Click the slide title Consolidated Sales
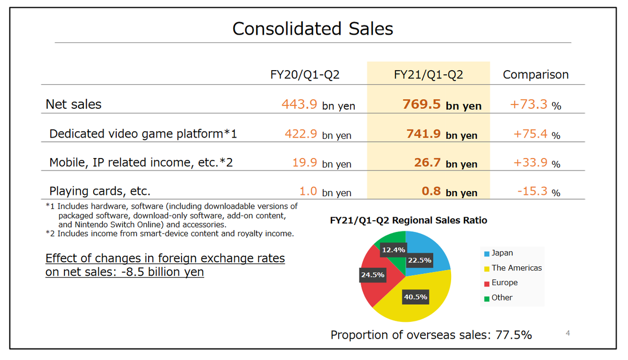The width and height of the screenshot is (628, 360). coord(312,28)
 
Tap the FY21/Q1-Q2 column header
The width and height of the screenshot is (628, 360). coord(428,75)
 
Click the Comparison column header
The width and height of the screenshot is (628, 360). coord(535,75)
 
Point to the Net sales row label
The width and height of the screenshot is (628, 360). coord(74,104)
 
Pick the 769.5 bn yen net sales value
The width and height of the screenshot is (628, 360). coord(441,105)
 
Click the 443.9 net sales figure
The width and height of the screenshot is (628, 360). coord(299,105)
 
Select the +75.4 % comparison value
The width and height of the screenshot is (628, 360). coord(536,134)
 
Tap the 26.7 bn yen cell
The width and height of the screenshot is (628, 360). coord(445,163)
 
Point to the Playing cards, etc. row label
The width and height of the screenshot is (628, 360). coord(100,191)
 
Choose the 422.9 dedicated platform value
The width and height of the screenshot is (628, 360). coord(301,134)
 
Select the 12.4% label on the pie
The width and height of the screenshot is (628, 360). coord(393,250)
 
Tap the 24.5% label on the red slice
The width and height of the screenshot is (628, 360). coord(372,274)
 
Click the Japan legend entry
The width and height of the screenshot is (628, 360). coord(501,253)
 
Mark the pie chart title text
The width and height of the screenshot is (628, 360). coord(408,220)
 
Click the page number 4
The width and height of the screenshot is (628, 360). coord(568,333)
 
